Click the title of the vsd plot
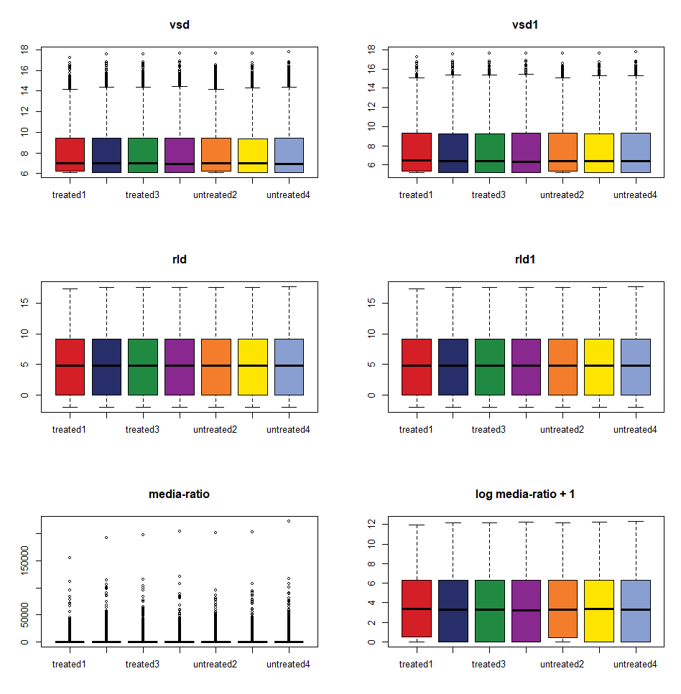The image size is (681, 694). (x=179, y=24)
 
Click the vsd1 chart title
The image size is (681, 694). (x=525, y=24)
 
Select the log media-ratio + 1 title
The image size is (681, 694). (x=525, y=494)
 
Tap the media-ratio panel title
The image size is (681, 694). (x=179, y=494)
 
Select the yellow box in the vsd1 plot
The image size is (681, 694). (x=598, y=153)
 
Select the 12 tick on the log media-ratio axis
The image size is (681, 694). (x=371, y=525)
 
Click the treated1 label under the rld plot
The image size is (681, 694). (x=70, y=429)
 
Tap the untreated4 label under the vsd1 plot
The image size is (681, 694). (x=635, y=194)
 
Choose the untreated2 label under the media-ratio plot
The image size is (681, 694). (x=216, y=664)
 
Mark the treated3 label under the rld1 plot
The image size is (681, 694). (x=489, y=429)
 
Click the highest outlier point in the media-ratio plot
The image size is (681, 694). (x=289, y=520)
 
